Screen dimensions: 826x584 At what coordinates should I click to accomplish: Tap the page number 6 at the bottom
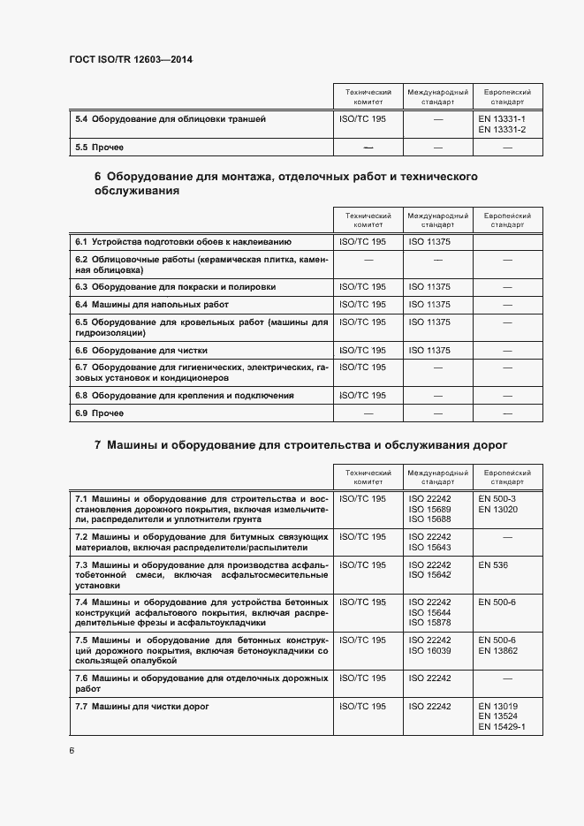click(x=71, y=750)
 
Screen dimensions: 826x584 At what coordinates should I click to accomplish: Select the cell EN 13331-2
click(x=502, y=131)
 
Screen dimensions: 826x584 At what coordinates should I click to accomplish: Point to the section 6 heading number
click(x=97, y=177)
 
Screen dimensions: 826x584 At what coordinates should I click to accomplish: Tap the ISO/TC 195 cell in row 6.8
click(x=363, y=396)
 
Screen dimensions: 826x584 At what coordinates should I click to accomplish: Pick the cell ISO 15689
click(x=429, y=509)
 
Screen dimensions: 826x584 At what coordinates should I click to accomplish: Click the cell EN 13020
click(x=496, y=509)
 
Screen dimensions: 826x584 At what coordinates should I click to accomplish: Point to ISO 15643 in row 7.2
click(x=429, y=547)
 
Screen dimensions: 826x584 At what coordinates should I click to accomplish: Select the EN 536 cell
click(x=492, y=564)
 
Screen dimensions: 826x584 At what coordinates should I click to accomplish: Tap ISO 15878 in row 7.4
click(x=429, y=622)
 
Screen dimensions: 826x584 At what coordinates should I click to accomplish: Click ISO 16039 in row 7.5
click(x=429, y=650)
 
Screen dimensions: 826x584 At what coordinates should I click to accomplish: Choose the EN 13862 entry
click(x=497, y=650)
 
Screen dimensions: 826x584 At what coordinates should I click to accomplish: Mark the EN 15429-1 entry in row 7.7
click(x=502, y=726)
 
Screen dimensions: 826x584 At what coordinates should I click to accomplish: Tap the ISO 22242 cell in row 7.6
click(x=429, y=678)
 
